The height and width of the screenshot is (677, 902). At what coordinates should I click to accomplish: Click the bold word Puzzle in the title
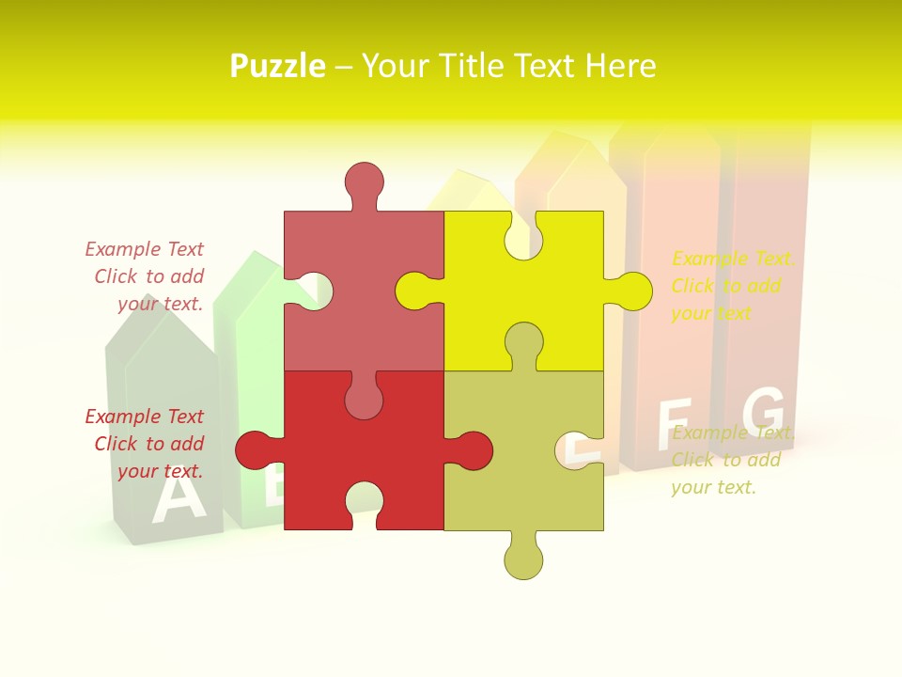(277, 67)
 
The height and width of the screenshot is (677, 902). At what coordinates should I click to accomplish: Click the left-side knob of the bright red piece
(254, 449)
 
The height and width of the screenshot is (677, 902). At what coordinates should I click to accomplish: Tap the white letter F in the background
(674, 422)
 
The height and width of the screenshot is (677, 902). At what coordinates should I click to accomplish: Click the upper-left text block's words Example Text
(144, 249)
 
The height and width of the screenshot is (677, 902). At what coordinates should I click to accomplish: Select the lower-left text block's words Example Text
(144, 417)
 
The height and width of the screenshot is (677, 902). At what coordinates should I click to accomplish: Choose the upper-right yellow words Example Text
(733, 259)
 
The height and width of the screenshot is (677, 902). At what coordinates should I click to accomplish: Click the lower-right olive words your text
(713, 487)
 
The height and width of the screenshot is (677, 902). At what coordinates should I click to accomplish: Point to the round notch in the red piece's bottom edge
(364, 497)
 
